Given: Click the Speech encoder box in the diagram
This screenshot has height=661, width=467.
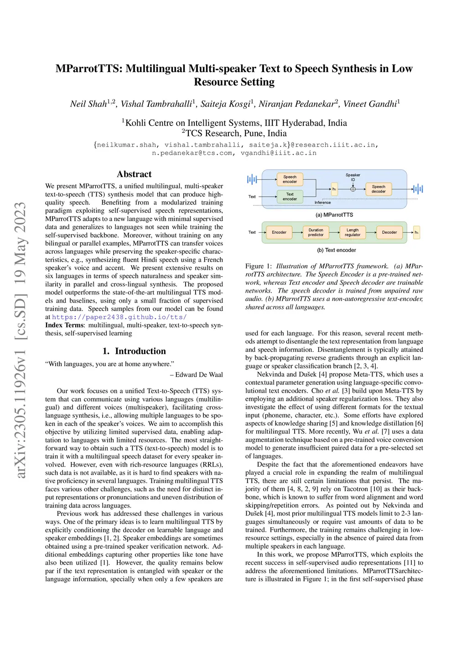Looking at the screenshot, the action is (x=290, y=179).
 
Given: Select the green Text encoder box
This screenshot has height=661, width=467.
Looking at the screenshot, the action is (x=290, y=197).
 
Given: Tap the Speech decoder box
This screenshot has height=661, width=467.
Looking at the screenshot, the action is (x=378, y=189).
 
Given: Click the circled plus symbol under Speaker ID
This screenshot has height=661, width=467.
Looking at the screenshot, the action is (x=353, y=189).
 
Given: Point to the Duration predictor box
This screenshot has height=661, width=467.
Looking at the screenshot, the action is (x=316, y=232).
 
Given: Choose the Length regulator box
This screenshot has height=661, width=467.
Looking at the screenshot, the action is (x=353, y=232).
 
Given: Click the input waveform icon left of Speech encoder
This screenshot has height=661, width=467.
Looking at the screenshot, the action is (x=252, y=179).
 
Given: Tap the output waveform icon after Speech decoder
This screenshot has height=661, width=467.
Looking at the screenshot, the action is (x=418, y=189).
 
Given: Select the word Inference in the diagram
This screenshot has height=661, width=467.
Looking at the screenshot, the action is (x=322, y=202).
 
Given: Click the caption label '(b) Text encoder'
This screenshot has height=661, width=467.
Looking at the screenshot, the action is (x=337, y=250).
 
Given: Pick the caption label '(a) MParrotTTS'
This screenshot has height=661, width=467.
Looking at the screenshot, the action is (x=334, y=215).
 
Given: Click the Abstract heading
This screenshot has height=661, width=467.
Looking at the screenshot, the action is (x=134, y=174).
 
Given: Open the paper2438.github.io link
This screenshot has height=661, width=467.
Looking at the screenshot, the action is (x=119, y=317).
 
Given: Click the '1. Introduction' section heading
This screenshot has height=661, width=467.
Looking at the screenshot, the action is (x=134, y=351).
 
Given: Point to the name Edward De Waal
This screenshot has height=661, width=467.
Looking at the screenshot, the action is (x=199, y=374).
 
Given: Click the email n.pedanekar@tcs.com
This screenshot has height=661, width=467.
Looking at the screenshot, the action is (x=192, y=153).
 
